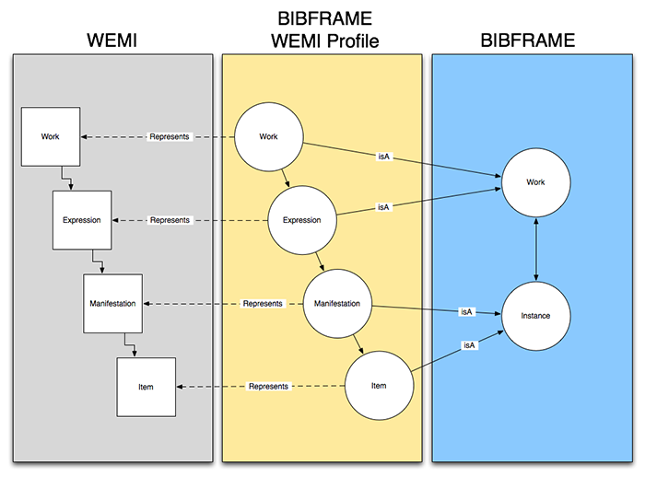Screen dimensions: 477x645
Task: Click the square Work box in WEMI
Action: (x=51, y=137)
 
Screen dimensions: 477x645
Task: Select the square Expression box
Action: (x=81, y=220)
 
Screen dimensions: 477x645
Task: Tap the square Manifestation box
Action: (x=113, y=303)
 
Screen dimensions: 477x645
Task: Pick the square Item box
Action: (x=146, y=386)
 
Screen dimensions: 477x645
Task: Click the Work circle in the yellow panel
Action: (x=269, y=137)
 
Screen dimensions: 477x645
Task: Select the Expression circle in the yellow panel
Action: (x=301, y=220)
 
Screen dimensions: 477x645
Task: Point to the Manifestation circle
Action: (x=336, y=303)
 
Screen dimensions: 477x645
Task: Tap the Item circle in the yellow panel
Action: (x=378, y=386)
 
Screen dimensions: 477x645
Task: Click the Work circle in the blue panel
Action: (x=535, y=182)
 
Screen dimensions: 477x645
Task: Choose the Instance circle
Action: (x=535, y=316)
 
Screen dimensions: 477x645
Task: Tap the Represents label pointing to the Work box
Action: (x=170, y=137)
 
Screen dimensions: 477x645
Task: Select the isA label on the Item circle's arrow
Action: (x=469, y=345)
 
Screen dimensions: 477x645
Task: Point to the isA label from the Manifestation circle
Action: (x=466, y=312)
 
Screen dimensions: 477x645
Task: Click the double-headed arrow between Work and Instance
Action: (x=535, y=249)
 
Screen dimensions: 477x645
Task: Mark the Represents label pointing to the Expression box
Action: (x=170, y=220)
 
